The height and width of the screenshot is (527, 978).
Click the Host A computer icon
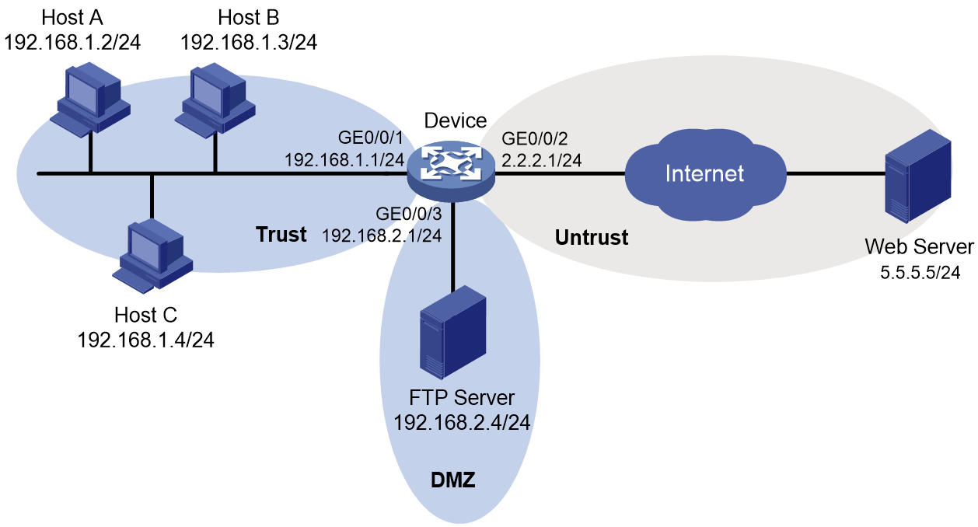point(90,99)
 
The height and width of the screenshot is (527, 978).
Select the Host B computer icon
point(215,100)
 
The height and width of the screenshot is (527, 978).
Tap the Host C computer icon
point(152,256)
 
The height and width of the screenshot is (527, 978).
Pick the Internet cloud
point(705,174)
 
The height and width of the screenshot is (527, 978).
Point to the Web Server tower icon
point(917,176)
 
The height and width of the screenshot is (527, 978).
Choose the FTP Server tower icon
point(452,332)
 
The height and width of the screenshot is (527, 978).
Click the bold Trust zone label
point(281,235)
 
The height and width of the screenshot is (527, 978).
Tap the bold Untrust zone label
point(592,238)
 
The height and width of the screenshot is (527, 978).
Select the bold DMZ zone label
point(452,480)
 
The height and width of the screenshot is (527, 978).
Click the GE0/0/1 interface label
point(371,138)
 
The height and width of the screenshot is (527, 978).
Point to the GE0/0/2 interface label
point(534,139)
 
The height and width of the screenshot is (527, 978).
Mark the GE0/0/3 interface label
point(409,214)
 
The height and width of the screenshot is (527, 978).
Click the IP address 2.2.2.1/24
point(541,161)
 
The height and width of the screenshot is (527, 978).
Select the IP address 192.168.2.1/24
point(382,236)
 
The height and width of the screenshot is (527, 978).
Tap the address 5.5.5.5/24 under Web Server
point(920,273)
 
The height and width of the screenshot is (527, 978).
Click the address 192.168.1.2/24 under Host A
point(72,43)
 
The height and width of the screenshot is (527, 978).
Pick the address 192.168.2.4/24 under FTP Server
point(462,423)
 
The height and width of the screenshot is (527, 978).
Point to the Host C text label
point(146,315)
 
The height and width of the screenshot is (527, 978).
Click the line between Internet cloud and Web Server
point(836,174)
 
